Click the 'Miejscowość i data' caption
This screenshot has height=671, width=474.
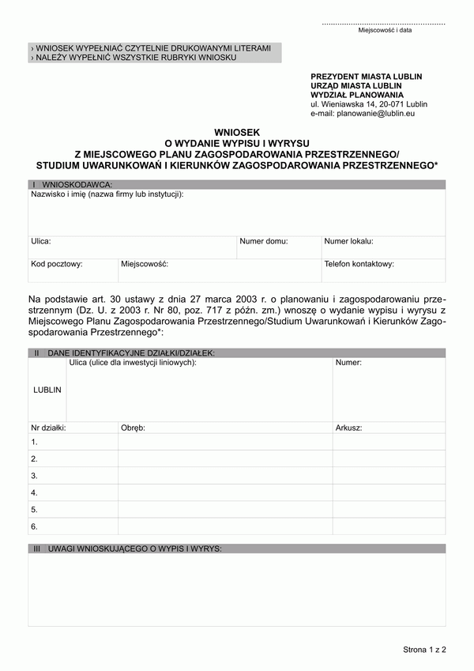tap(385, 30)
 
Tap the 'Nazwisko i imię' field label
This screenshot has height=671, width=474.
tap(107, 194)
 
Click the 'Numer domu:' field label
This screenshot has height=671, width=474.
tap(264, 242)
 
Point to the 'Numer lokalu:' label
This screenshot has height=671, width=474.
tap(348, 242)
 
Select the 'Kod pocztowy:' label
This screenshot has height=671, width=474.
tap(57, 265)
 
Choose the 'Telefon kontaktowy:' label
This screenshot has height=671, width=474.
tap(359, 265)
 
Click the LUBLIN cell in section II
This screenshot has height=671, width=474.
tap(47, 390)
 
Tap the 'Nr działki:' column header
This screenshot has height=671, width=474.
tap(48, 428)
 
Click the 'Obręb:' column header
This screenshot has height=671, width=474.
tap(133, 428)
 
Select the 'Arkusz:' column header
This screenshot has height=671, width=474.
tap(348, 428)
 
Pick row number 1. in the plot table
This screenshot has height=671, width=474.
tap(35, 442)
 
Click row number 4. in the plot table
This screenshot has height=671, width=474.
tap(35, 492)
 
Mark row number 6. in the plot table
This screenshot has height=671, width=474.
tap(35, 526)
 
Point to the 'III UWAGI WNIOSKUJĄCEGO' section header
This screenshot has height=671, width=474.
tap(127, 548)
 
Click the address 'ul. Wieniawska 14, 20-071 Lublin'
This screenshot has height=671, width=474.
tap(369, 104)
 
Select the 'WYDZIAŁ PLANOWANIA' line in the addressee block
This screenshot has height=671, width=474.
tap(351, 95)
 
